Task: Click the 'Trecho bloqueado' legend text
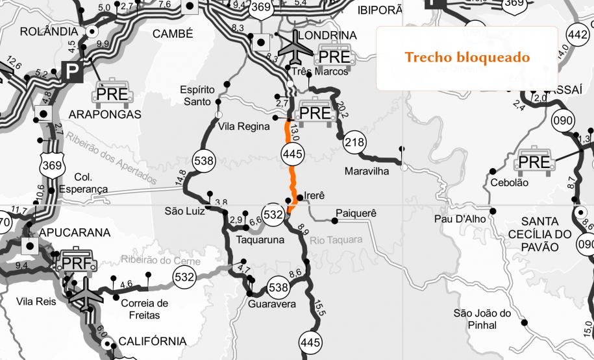pos(467,57)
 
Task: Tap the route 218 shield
pos(355,143)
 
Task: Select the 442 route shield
pos(577,34)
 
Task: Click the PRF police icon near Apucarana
pos(78,260)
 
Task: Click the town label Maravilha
pos(369,172)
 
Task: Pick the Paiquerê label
pos(356,213)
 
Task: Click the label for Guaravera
pos(272,304)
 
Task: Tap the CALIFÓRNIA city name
pos(152,341)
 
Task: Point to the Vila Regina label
pos(244,126)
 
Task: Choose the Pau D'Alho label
pos(460,219)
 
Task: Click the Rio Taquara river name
pos(336,240)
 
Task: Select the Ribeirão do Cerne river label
pos(161,260)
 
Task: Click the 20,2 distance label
pos(343,110)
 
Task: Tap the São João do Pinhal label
pos(484,319)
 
